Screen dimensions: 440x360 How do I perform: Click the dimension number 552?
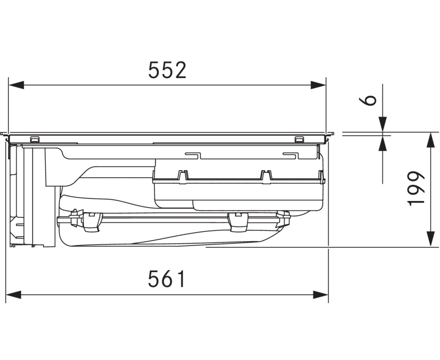pos(167,70)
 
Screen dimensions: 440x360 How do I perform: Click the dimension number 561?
pos(167,279)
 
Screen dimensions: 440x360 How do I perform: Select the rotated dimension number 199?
pos(417,188)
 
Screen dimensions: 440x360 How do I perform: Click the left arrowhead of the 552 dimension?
pos(16,85)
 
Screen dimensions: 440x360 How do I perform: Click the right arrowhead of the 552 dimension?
pos(318,85)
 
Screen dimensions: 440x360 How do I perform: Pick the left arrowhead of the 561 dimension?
pos(14,295)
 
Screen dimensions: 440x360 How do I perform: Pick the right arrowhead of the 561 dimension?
pos(320,295)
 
